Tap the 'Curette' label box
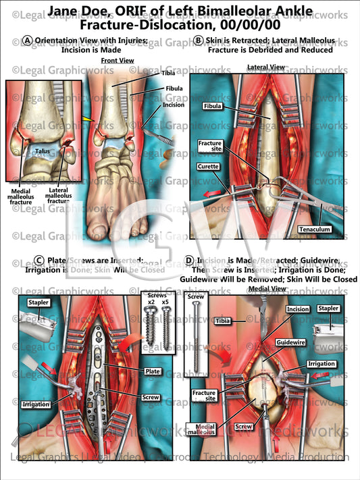coord(207,167)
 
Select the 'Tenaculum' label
coord(315,230)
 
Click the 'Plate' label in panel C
coord(152,371)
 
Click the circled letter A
coord(27,41)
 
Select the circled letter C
coord(40,260)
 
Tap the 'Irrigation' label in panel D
coord(320,364)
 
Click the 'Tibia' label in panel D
coord(209,321)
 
